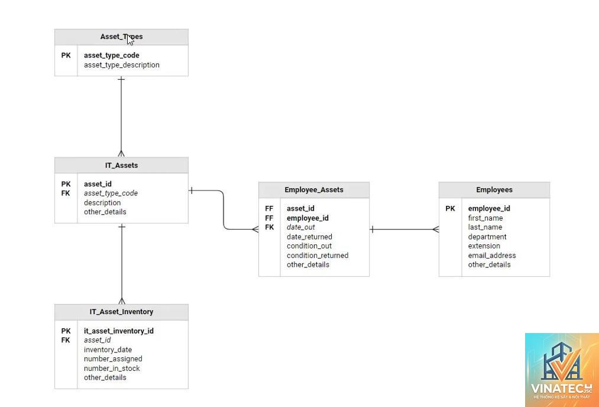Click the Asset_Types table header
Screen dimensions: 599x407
pyautogui.click(x=121, y=37)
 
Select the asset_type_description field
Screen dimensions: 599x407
pyautogui.click(x=121, y=65)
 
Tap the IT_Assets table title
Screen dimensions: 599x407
pyautogui.click(x=121, y=166)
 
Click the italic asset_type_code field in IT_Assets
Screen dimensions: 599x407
pyautogui.click(x=111, y=193)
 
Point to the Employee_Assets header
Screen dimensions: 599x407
pyautogui.click(x=313, y=190)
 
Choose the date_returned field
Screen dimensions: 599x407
pyautogui.click(x=309, y=237)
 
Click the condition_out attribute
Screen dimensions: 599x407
pyautogui.click(x=309, y=246)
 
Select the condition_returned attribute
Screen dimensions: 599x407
pyautogui.click(x=318, y=256)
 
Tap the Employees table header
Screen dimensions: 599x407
pyautogui.click(x=494, y=190)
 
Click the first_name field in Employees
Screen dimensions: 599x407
pyautogui.click(x=485, y=218)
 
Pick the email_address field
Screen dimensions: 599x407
pyautogui.click(x=491, y=256)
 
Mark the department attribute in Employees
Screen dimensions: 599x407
pyautogui.click(x=487, y=237)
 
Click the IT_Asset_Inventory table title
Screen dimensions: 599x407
pyautogui.click(x=121, y=312)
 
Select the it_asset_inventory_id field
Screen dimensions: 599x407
pyautogui.click(x=119, y=331)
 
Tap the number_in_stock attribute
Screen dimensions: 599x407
pyautogui.click(x=112, y=369)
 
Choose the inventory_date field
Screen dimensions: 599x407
pyautogui.click(x=108, y=350)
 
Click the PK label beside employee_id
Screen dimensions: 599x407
pyautogui.click(x=450, y=209)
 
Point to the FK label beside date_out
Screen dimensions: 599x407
pyautogui.click(x=269, y=227)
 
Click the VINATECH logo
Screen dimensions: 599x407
pyautogui.click(x=562, y=370)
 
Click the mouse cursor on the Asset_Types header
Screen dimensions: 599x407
pyautogui.click(x=130, y=40)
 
